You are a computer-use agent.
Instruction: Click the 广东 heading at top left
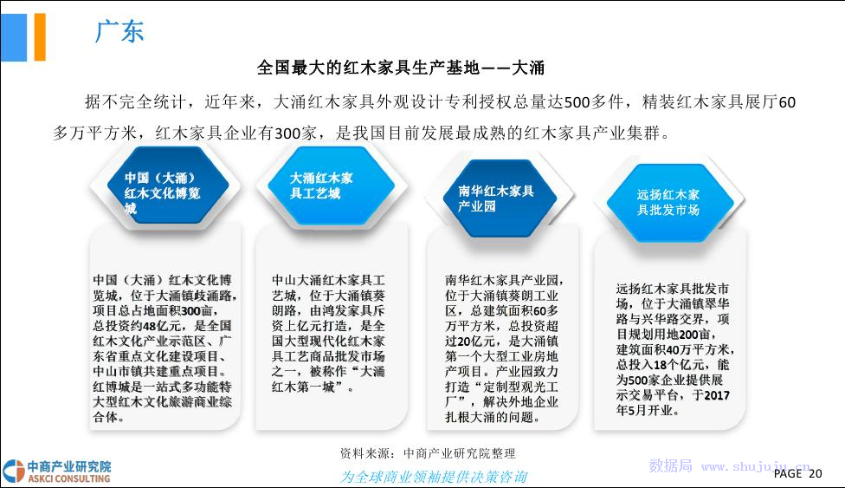(x=119, y=30)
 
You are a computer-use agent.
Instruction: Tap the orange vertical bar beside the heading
(x=40, y=36)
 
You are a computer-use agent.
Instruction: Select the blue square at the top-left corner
(x=14, y=36)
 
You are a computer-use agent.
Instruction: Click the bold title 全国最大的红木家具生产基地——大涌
(x=401, y=68)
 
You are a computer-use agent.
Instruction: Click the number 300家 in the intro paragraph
(x=295, y=133)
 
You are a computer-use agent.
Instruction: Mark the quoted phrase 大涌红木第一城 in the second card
(x=328, y=379)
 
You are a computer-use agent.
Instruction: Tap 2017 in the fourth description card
(x=717, y=395)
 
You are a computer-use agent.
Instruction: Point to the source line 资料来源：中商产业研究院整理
(x=428, y=453)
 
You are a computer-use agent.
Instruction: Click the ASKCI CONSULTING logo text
(x=69, y=478)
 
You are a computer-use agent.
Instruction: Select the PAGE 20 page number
(x=797, y=473)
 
